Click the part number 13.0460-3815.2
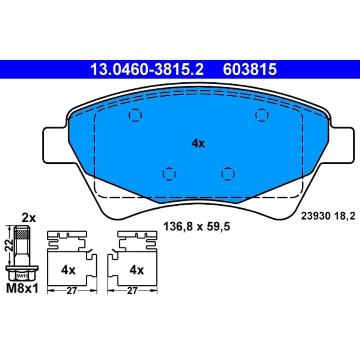(x=147, y=69)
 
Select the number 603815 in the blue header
(x=250, y=69)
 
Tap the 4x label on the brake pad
(x=198, y=144)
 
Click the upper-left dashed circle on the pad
(x=135, y=115)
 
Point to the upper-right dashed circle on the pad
(x=262, y=115)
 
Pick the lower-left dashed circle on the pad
(x=169, y=174)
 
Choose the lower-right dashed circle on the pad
(x=228, y=174)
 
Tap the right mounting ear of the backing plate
(x=342, y=145)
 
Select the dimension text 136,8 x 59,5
(x=197, y=227)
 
